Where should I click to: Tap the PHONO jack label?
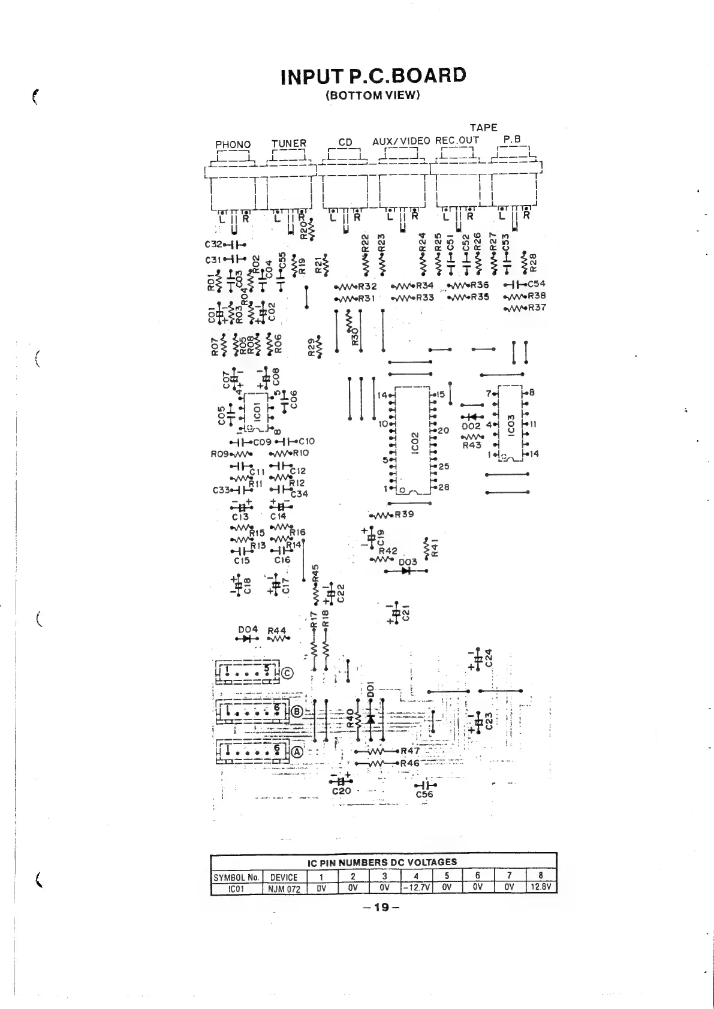(x=233, y=144)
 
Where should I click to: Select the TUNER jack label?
(x=288, y=144)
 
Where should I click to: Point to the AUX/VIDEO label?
(x=401, y=141)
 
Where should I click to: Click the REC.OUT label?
(x=457, y=141)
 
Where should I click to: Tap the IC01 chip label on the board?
(x=257, y=413)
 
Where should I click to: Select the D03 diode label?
(x=408, y=562)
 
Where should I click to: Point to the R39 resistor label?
(x=404, y=514)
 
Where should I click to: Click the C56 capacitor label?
(x=424, y=795)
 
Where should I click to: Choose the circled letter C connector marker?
(x=287, y=673)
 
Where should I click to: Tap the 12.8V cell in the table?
(x=540, y=888)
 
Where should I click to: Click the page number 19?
(x=381, y=907)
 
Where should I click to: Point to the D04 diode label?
(x=248, y=630)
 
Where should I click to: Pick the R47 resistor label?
(x=410, y=751)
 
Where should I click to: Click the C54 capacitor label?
(x=536, y=284)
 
